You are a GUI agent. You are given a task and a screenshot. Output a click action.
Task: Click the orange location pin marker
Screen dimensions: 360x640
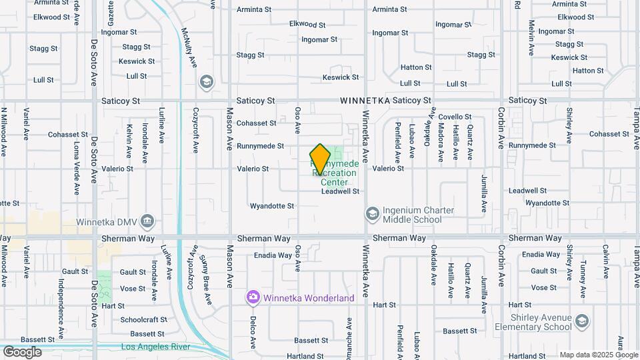[x=320, y=159]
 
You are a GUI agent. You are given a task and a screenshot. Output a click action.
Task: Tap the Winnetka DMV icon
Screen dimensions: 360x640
[x=148, y=220]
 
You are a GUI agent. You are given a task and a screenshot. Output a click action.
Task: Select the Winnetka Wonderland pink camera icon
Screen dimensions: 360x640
[x=253, y=297]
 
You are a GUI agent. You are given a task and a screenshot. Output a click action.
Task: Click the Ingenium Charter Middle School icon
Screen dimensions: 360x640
[x=371, y=214]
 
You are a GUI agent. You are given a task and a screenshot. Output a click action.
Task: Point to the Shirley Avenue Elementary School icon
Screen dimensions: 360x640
[x=582, y=322]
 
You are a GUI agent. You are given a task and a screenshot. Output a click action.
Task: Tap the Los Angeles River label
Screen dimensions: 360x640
[x=155, y=347]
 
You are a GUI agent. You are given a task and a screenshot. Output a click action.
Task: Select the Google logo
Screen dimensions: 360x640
[x=22, y=351]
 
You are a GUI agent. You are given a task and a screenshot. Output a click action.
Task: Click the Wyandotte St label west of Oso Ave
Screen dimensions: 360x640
[x=272, y=206]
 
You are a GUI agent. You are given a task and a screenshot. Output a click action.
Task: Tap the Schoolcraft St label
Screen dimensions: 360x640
[x=144, y=319]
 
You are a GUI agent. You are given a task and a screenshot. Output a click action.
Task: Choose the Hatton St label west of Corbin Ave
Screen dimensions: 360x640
[x=416, y=67]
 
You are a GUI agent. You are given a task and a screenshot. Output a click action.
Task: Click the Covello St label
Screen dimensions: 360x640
[x=455, y=117]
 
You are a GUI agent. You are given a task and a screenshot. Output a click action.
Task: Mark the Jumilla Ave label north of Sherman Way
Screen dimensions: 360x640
[x=485, y=193]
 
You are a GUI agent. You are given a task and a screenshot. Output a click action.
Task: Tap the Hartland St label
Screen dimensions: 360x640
[x=305, y=357]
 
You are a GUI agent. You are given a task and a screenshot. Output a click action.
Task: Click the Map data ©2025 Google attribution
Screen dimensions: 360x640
[x=598, y=355]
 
